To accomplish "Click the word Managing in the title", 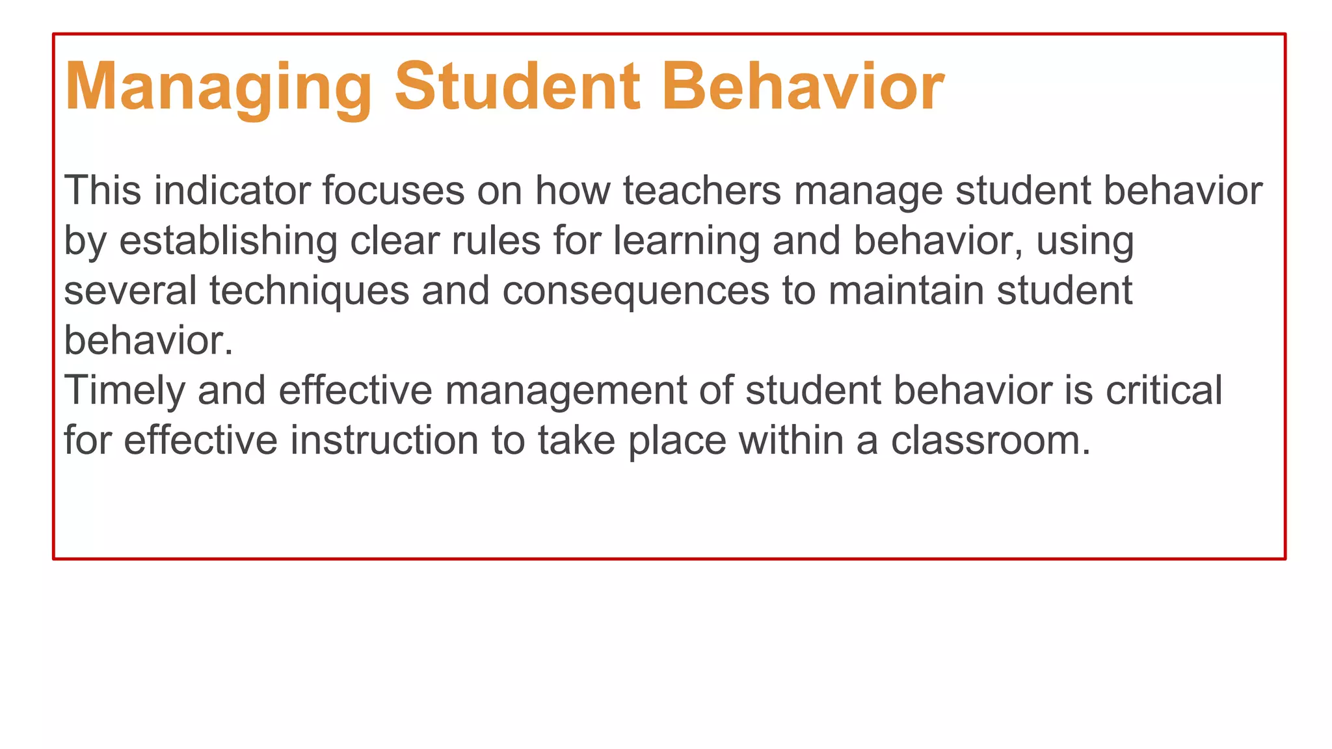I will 219,87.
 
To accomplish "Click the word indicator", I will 232,191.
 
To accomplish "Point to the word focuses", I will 393,191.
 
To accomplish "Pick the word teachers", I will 702,191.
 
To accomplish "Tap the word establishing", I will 228,241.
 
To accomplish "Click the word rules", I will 496,241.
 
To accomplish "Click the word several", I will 130,290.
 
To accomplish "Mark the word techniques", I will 309,291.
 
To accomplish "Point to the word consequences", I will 635,291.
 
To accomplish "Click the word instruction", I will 384,440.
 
